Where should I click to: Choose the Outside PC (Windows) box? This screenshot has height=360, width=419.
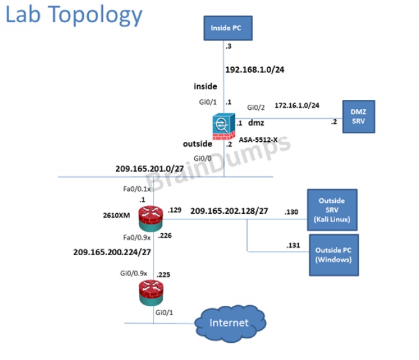point(333,255)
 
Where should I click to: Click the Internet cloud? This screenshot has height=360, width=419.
point(229,322)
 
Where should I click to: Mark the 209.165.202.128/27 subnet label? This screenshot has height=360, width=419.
point(229,211)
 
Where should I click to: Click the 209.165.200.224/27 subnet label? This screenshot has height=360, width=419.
point(112,252)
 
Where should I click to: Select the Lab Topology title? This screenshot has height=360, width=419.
point(74,15)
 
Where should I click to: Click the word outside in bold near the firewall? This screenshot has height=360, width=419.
point(197,144)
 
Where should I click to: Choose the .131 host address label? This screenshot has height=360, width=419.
point(294,245)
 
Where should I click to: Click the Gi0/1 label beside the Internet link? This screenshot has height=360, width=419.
point(165,313)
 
